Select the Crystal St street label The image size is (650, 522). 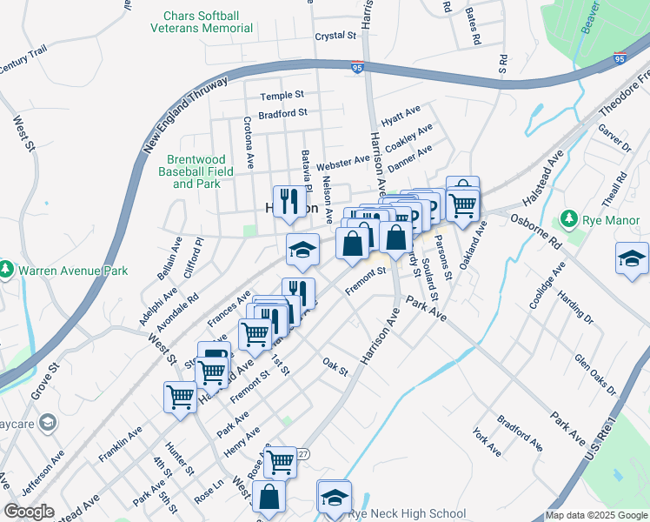point(336,36)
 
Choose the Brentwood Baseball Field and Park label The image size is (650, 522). point(196,171)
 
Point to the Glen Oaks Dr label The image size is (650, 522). point(594,374)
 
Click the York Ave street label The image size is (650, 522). point(487,442)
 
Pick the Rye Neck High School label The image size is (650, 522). point(406,514)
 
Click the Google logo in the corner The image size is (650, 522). point(30,512)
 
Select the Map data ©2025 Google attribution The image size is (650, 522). point(597,516)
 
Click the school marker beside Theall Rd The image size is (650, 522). point(632,258)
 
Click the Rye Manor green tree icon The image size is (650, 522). point(570,217)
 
